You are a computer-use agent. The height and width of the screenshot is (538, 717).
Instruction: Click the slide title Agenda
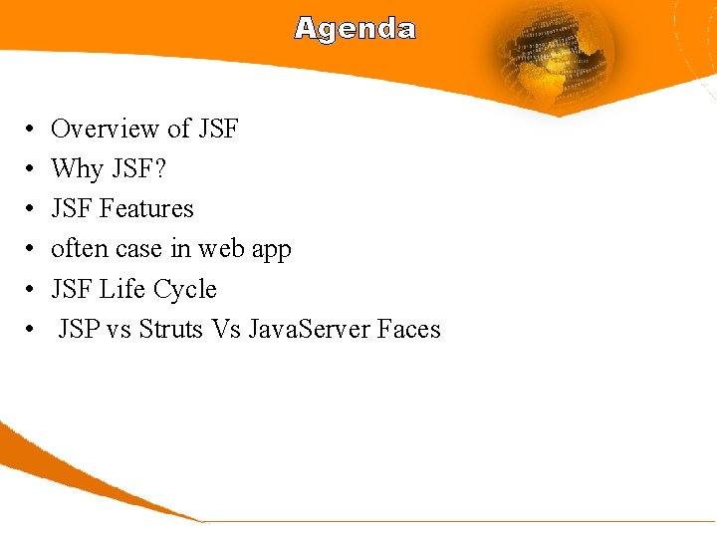point(355,29)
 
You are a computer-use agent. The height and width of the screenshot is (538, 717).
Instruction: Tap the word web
point(218,249)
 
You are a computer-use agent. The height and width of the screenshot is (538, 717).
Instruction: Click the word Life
point(122,289)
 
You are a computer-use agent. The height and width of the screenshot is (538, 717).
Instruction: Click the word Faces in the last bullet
point(409,329)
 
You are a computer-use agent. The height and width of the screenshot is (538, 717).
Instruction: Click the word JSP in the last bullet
point(79,329)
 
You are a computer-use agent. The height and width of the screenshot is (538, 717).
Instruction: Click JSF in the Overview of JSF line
point(218,130)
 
